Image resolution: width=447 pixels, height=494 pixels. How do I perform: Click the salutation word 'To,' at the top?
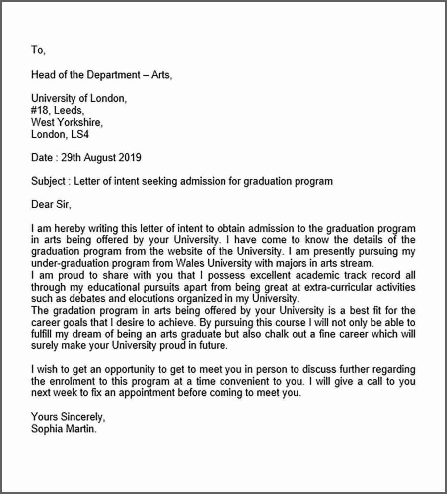pos(38,50)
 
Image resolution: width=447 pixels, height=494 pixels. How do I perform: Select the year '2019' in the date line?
pos(130,158)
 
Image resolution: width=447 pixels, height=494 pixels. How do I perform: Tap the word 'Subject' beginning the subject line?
pos(48,181)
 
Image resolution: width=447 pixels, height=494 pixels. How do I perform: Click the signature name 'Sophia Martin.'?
pos(64,429)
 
